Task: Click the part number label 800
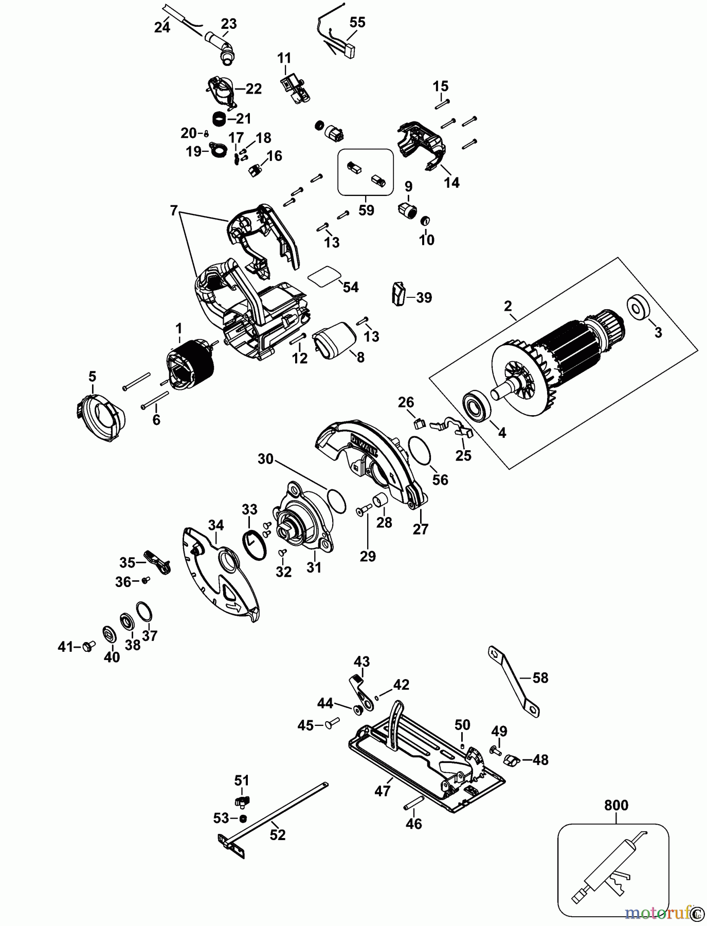tap(616, 805)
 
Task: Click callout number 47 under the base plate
tap(382, 791)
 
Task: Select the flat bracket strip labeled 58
tap(513, 682)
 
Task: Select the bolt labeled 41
tap(86, 647)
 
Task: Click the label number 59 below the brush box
tap(366, 211)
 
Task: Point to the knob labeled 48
tap(511, 760)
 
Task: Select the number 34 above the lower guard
tap(216, 525)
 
